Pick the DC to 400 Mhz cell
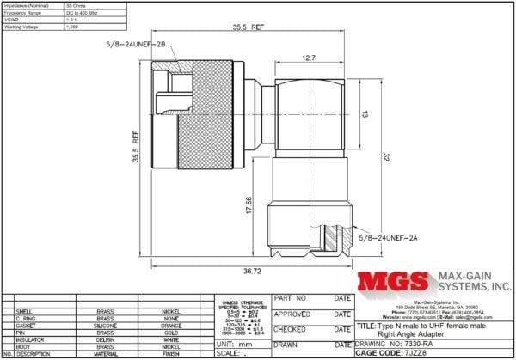coord(84,13)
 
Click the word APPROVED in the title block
coord(292,314)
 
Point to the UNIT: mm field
coord(232,343)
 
